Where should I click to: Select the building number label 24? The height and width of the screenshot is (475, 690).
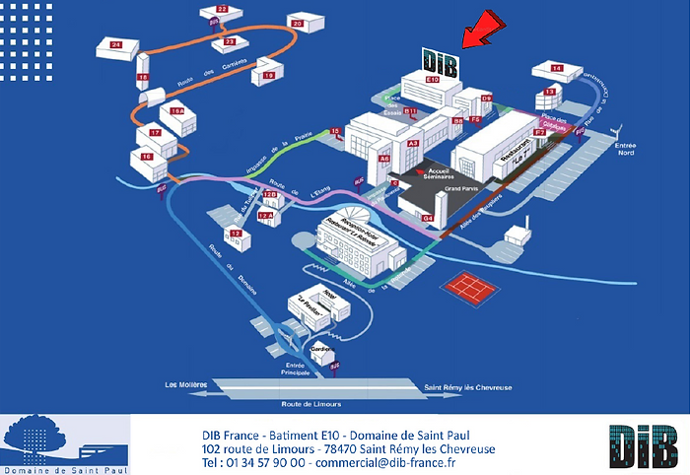click(116, 45)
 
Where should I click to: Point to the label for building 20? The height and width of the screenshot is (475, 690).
click(297, 21)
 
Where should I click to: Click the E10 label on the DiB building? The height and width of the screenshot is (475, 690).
click(431, 78)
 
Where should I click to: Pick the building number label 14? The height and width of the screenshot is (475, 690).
click(556, 68)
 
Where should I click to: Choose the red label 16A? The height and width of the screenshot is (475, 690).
click(177, 112)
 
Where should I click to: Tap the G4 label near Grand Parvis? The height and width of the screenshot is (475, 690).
click(427, 217)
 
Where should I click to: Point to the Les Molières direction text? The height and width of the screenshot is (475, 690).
click(184, 384)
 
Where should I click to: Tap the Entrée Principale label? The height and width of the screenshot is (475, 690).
click(296, 369)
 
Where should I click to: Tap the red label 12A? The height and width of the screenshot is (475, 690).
click(266, 214)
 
